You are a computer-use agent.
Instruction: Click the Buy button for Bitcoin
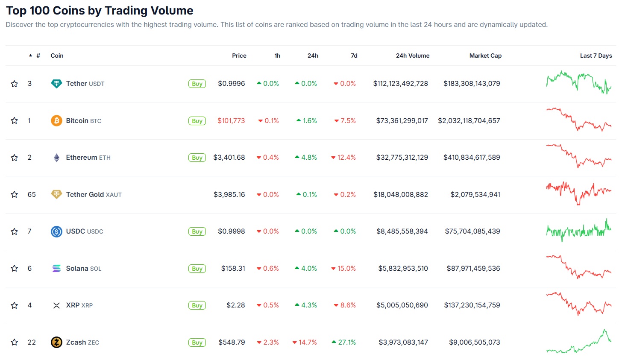(197, 121)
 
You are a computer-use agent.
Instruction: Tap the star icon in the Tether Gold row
(15, 195)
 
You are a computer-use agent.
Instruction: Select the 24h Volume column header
(412, 56)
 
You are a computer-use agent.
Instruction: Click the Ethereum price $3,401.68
(229, 158)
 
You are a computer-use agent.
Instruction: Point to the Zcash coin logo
(56, 342)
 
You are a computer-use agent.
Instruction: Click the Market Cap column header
(485, 56)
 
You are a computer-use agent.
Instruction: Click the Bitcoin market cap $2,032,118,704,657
(469, 121)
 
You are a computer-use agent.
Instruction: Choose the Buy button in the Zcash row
(197, 342)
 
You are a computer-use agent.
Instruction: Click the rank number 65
(32, 195)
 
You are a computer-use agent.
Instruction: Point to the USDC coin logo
(56, 231)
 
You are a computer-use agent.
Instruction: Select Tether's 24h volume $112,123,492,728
(400, 84)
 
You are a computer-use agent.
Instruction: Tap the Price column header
(239, 56)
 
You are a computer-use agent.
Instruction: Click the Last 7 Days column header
(596, 56)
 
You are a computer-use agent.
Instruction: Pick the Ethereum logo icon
(56, 158)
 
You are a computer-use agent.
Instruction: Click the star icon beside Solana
(15, 269)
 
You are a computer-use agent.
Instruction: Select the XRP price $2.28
(236, 305)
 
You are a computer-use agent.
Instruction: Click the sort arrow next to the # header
(30, 56)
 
